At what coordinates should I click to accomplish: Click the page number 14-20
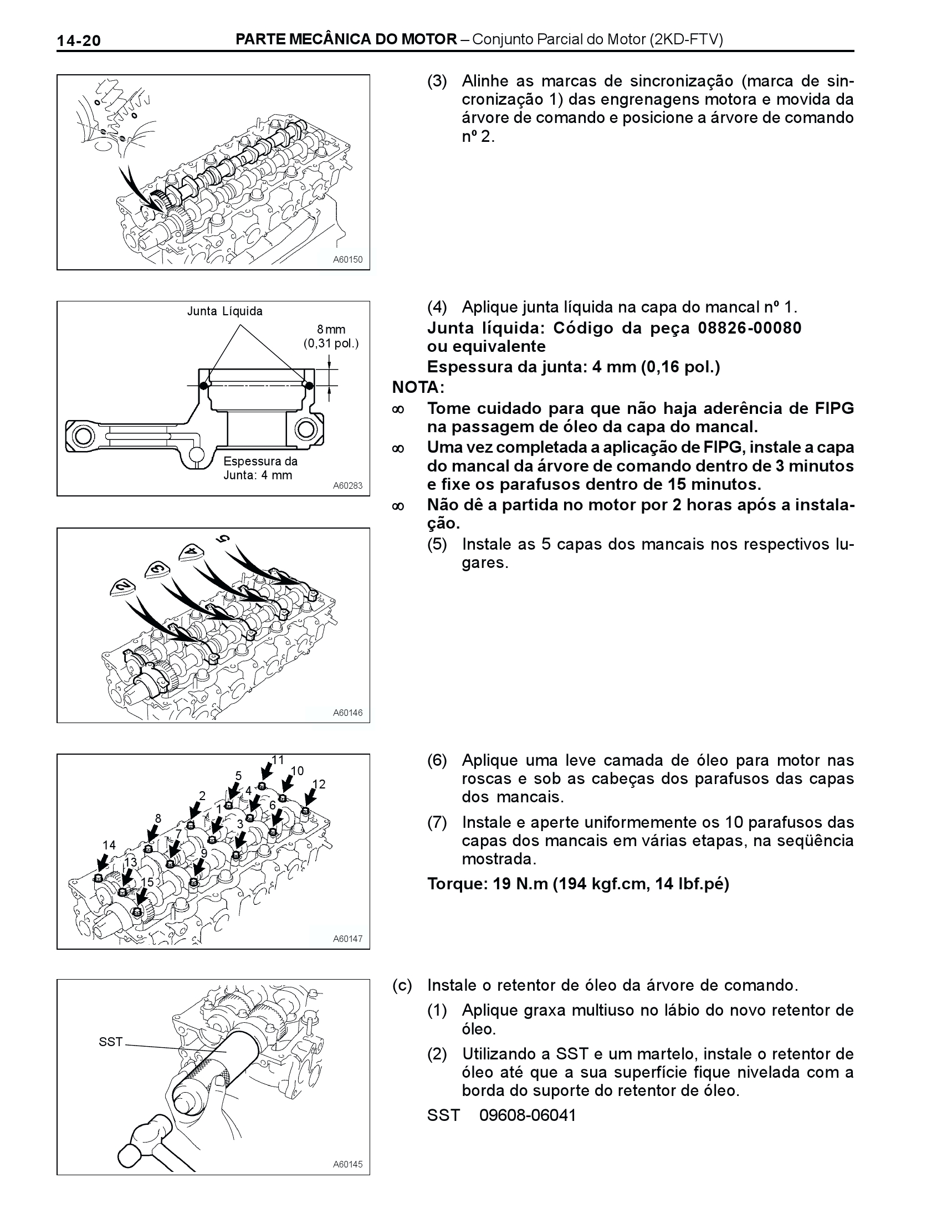tap(79, 40)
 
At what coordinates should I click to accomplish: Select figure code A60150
tap(347, 259)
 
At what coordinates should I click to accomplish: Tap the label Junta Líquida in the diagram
tap(225, 311)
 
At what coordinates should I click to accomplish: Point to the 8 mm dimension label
tap(331, 329)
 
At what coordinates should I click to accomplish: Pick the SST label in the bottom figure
tap(110, 1042)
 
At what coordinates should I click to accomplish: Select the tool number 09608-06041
tap(528, 1115)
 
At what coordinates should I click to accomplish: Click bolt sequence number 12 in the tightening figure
tap(319, 784)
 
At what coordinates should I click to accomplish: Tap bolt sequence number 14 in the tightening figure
tap(109, 845)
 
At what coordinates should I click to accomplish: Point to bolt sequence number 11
tap(278, 760)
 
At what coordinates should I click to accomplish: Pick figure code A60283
tap(347, 485)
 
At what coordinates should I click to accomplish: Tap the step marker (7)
tap(438, 822)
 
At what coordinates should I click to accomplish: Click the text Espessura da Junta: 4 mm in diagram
tap(260, 468)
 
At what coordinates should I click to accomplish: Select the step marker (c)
tap(402, 985)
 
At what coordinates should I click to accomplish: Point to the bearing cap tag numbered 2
tap(124, 587)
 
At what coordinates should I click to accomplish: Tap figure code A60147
tap(347, 939)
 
